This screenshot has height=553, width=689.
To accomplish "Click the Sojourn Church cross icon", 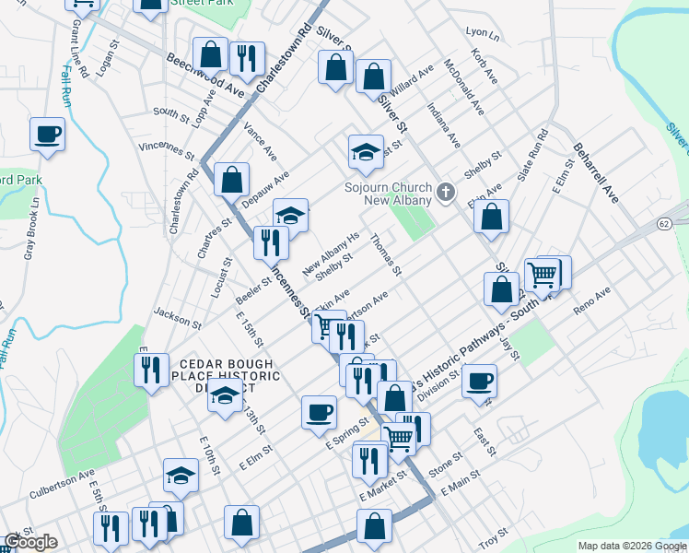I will (446, 193).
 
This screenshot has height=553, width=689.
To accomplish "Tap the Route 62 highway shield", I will (663, 224).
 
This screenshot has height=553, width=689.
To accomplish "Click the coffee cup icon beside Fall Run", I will (47, 135).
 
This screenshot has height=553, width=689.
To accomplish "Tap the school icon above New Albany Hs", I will (290, 215).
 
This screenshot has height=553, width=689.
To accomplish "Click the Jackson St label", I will (177, 317).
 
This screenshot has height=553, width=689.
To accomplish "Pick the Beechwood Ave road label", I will (204, 76).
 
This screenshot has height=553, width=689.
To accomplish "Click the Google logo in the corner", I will (30, 542).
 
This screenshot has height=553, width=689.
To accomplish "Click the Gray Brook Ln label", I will (33, 227).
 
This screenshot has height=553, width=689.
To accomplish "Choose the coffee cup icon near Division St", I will (478, 381).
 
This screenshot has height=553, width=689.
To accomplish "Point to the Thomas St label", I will (385, 254).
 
